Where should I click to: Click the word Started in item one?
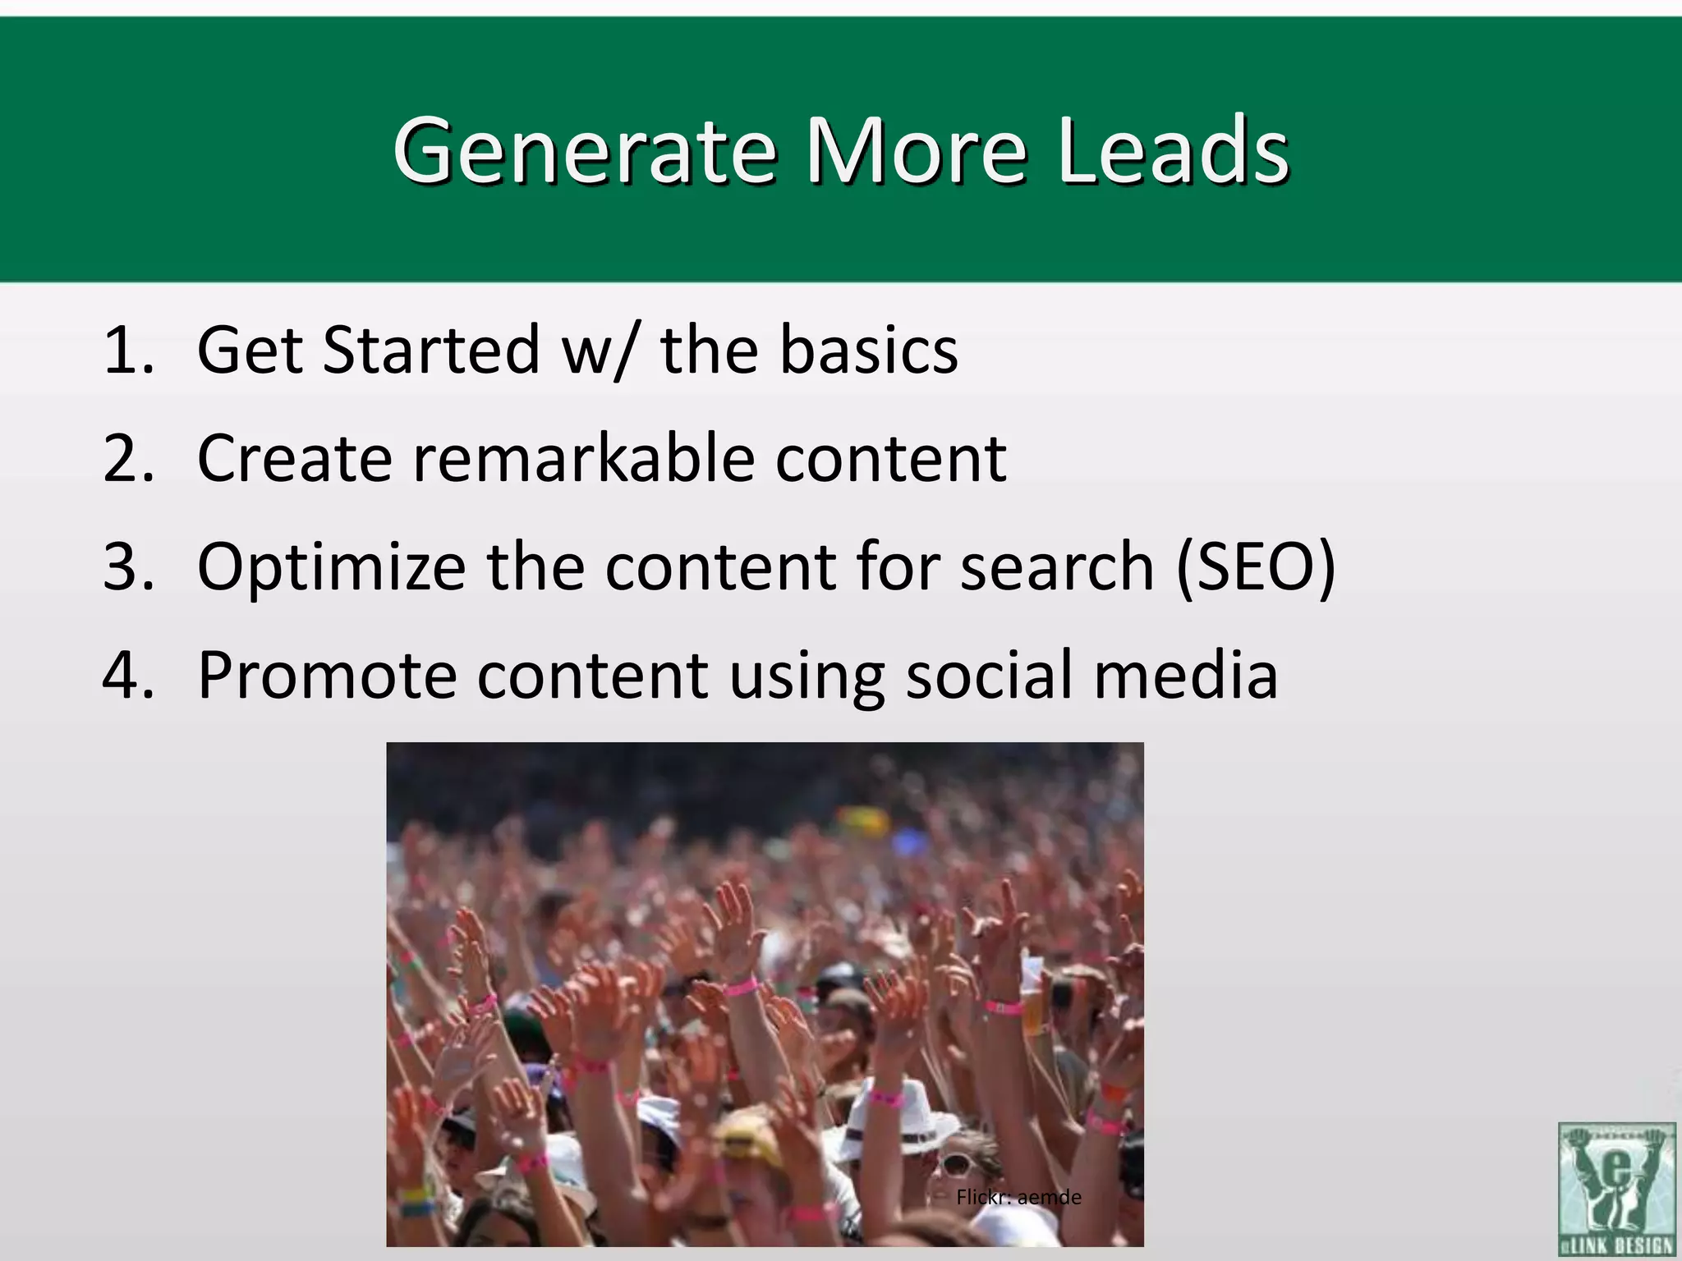coord(431,351)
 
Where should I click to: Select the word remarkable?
coord(583,459)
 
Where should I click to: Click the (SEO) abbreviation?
coord(1256,567)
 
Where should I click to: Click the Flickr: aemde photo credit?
coord(1018,1198)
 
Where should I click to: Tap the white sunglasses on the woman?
coord(955,1163)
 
